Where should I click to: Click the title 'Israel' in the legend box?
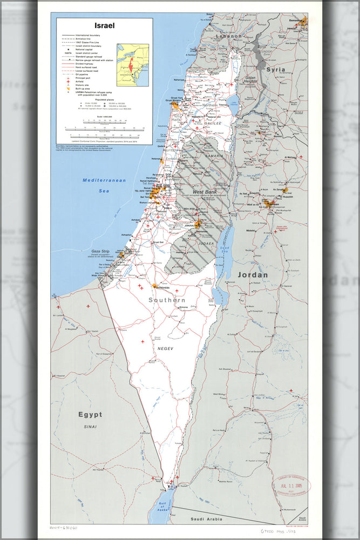104,25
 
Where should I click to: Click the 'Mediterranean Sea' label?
104,185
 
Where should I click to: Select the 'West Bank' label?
205,192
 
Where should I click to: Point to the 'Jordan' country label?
252,275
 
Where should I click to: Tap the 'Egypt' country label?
90,414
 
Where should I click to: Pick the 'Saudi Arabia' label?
206,519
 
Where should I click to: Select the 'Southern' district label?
167,300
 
